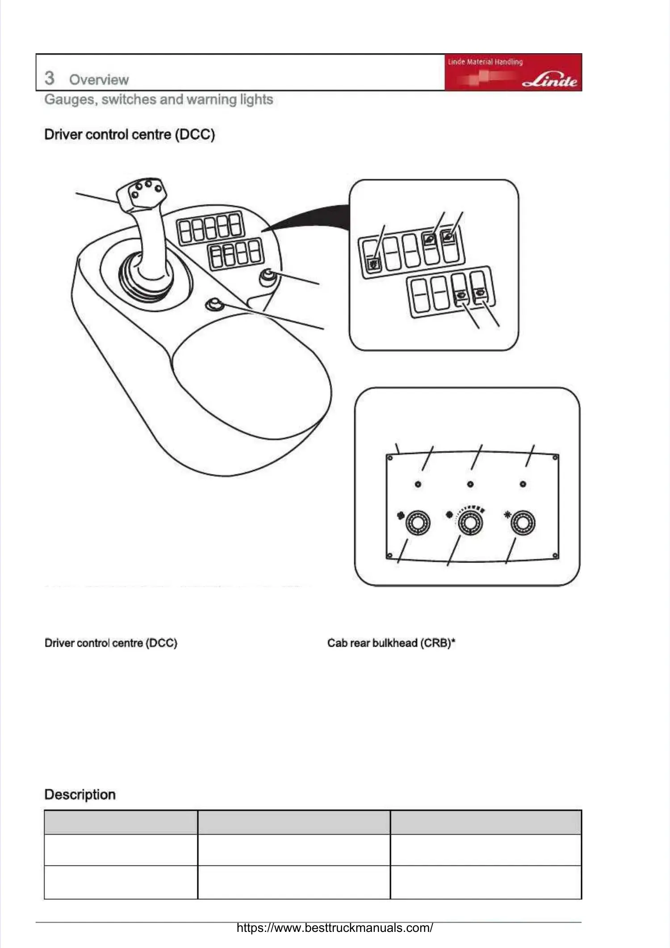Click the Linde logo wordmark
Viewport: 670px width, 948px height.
(550, 80)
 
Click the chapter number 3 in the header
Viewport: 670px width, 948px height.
(49, 78)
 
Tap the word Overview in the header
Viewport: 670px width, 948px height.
(99, 80)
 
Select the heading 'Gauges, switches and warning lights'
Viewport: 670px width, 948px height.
(159, 99)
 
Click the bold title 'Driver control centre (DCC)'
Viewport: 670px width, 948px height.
(130, 134)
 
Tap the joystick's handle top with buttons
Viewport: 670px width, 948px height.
(142, 193)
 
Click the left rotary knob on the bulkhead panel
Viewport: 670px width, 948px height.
(418, 523)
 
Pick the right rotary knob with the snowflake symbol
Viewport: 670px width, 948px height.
(523, 523)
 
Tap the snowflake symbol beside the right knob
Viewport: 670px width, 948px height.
(507, 514)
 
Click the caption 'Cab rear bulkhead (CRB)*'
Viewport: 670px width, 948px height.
(391, 643)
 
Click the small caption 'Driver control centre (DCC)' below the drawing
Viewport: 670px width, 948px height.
(111, 643)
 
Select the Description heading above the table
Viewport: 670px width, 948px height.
(80, 795)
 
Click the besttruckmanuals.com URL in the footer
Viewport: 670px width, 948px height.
(335, 927)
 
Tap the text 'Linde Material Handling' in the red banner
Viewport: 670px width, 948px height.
(485, 62)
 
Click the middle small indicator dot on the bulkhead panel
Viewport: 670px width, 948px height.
(470, 484)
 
